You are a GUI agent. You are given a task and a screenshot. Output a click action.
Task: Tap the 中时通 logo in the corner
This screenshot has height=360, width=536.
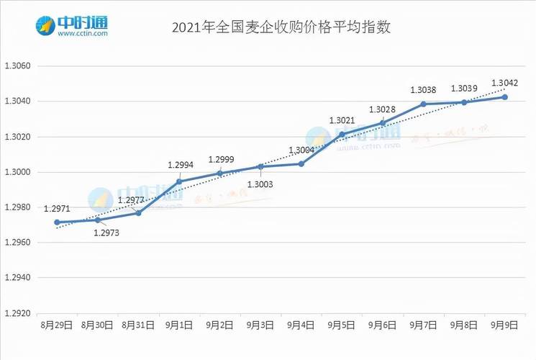72,26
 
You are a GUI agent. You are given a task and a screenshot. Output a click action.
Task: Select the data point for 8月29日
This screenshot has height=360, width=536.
57,222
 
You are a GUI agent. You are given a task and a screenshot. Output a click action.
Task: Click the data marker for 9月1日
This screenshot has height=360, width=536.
179,181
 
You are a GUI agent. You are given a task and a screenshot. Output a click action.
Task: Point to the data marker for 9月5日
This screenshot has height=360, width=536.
342,134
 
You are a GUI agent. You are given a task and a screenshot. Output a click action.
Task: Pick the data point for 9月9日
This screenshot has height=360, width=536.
505,96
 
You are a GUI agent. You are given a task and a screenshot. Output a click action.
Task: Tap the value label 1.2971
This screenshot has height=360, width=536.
57,209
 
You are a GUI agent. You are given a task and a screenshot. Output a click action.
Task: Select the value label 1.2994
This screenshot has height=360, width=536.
180,166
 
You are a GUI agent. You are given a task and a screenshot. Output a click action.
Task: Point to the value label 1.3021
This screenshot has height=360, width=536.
342,120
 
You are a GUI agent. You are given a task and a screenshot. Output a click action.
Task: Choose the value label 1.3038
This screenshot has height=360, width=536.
423,90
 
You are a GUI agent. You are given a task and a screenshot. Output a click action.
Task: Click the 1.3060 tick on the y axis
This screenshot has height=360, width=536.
19,66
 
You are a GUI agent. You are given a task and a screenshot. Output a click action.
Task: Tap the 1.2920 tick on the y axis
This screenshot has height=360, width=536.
19,313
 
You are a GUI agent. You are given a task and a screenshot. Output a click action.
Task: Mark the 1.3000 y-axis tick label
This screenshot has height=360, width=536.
19,172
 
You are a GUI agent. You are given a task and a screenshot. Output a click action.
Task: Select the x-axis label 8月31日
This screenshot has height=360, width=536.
138,325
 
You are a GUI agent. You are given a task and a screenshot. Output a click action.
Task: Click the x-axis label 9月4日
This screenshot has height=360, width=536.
301,325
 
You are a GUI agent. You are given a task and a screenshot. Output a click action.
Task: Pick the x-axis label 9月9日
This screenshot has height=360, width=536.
505,325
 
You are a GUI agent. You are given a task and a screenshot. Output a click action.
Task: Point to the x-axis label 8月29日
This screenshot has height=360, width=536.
57,325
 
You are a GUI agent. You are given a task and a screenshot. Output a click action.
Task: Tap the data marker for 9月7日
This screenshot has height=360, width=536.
423,104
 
